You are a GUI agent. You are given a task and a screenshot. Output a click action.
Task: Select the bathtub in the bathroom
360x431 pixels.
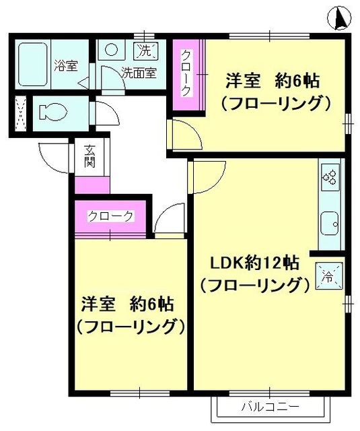(x=31, y=65)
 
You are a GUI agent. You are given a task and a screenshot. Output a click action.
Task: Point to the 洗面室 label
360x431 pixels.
(x=139, y=71)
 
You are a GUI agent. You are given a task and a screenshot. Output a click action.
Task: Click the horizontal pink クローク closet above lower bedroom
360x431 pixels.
(x=111, y=216)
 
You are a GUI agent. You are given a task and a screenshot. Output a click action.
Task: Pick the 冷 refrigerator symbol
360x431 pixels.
(x=329, y=275)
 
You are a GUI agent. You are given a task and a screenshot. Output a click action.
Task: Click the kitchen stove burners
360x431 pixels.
(x=330, y=177)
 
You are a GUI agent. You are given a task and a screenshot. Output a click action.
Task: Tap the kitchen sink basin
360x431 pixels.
(x=330, y=221)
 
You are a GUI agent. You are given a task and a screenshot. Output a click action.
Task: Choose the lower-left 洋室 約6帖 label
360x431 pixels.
(x=129, y=304)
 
